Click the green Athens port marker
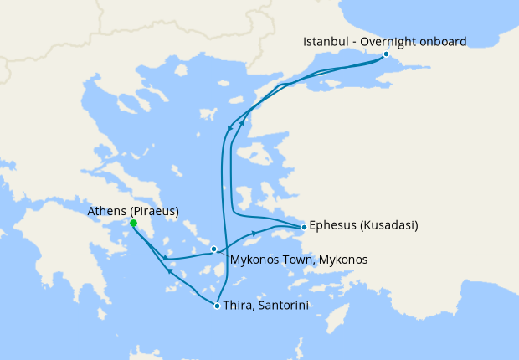coord(133,223)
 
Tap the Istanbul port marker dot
coord(386,54)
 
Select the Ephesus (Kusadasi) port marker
coord(303,227)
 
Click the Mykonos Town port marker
coord(214,249)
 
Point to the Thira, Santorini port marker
coord(218,306)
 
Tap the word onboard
coord(444,41)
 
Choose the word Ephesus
coord(332,226)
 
